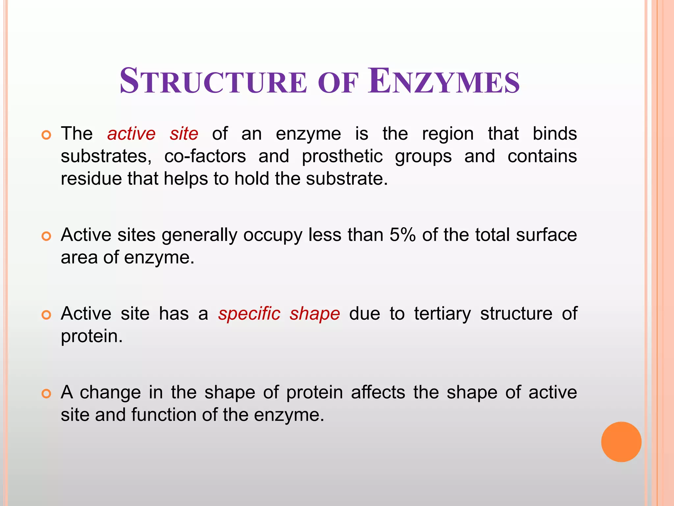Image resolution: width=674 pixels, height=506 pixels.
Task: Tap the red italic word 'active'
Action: click(x=131, y=134)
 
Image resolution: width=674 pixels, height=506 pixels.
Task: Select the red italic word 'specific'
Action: click(x=249, y=313)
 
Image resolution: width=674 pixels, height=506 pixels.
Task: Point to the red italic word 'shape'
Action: click(x=315, y=314)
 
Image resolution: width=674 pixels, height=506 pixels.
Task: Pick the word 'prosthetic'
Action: click(x=342, y=156)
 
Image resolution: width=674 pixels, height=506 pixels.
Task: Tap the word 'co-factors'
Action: click(x=205, y=156)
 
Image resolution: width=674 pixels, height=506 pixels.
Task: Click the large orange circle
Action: click(x=621, y=442)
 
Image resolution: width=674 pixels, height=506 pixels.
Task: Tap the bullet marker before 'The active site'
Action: click(x=46, y=135)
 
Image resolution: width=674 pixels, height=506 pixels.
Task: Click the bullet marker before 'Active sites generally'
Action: click(x=46, y=236)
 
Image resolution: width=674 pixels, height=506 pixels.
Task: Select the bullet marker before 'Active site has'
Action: click(x=46, y=315)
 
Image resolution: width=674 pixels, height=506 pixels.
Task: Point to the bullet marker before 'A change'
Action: click(x=46, y=394)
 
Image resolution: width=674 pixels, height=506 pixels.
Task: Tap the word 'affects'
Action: click(x=378, y=392)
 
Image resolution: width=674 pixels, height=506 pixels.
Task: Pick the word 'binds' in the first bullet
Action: click(x=555, y=134)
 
